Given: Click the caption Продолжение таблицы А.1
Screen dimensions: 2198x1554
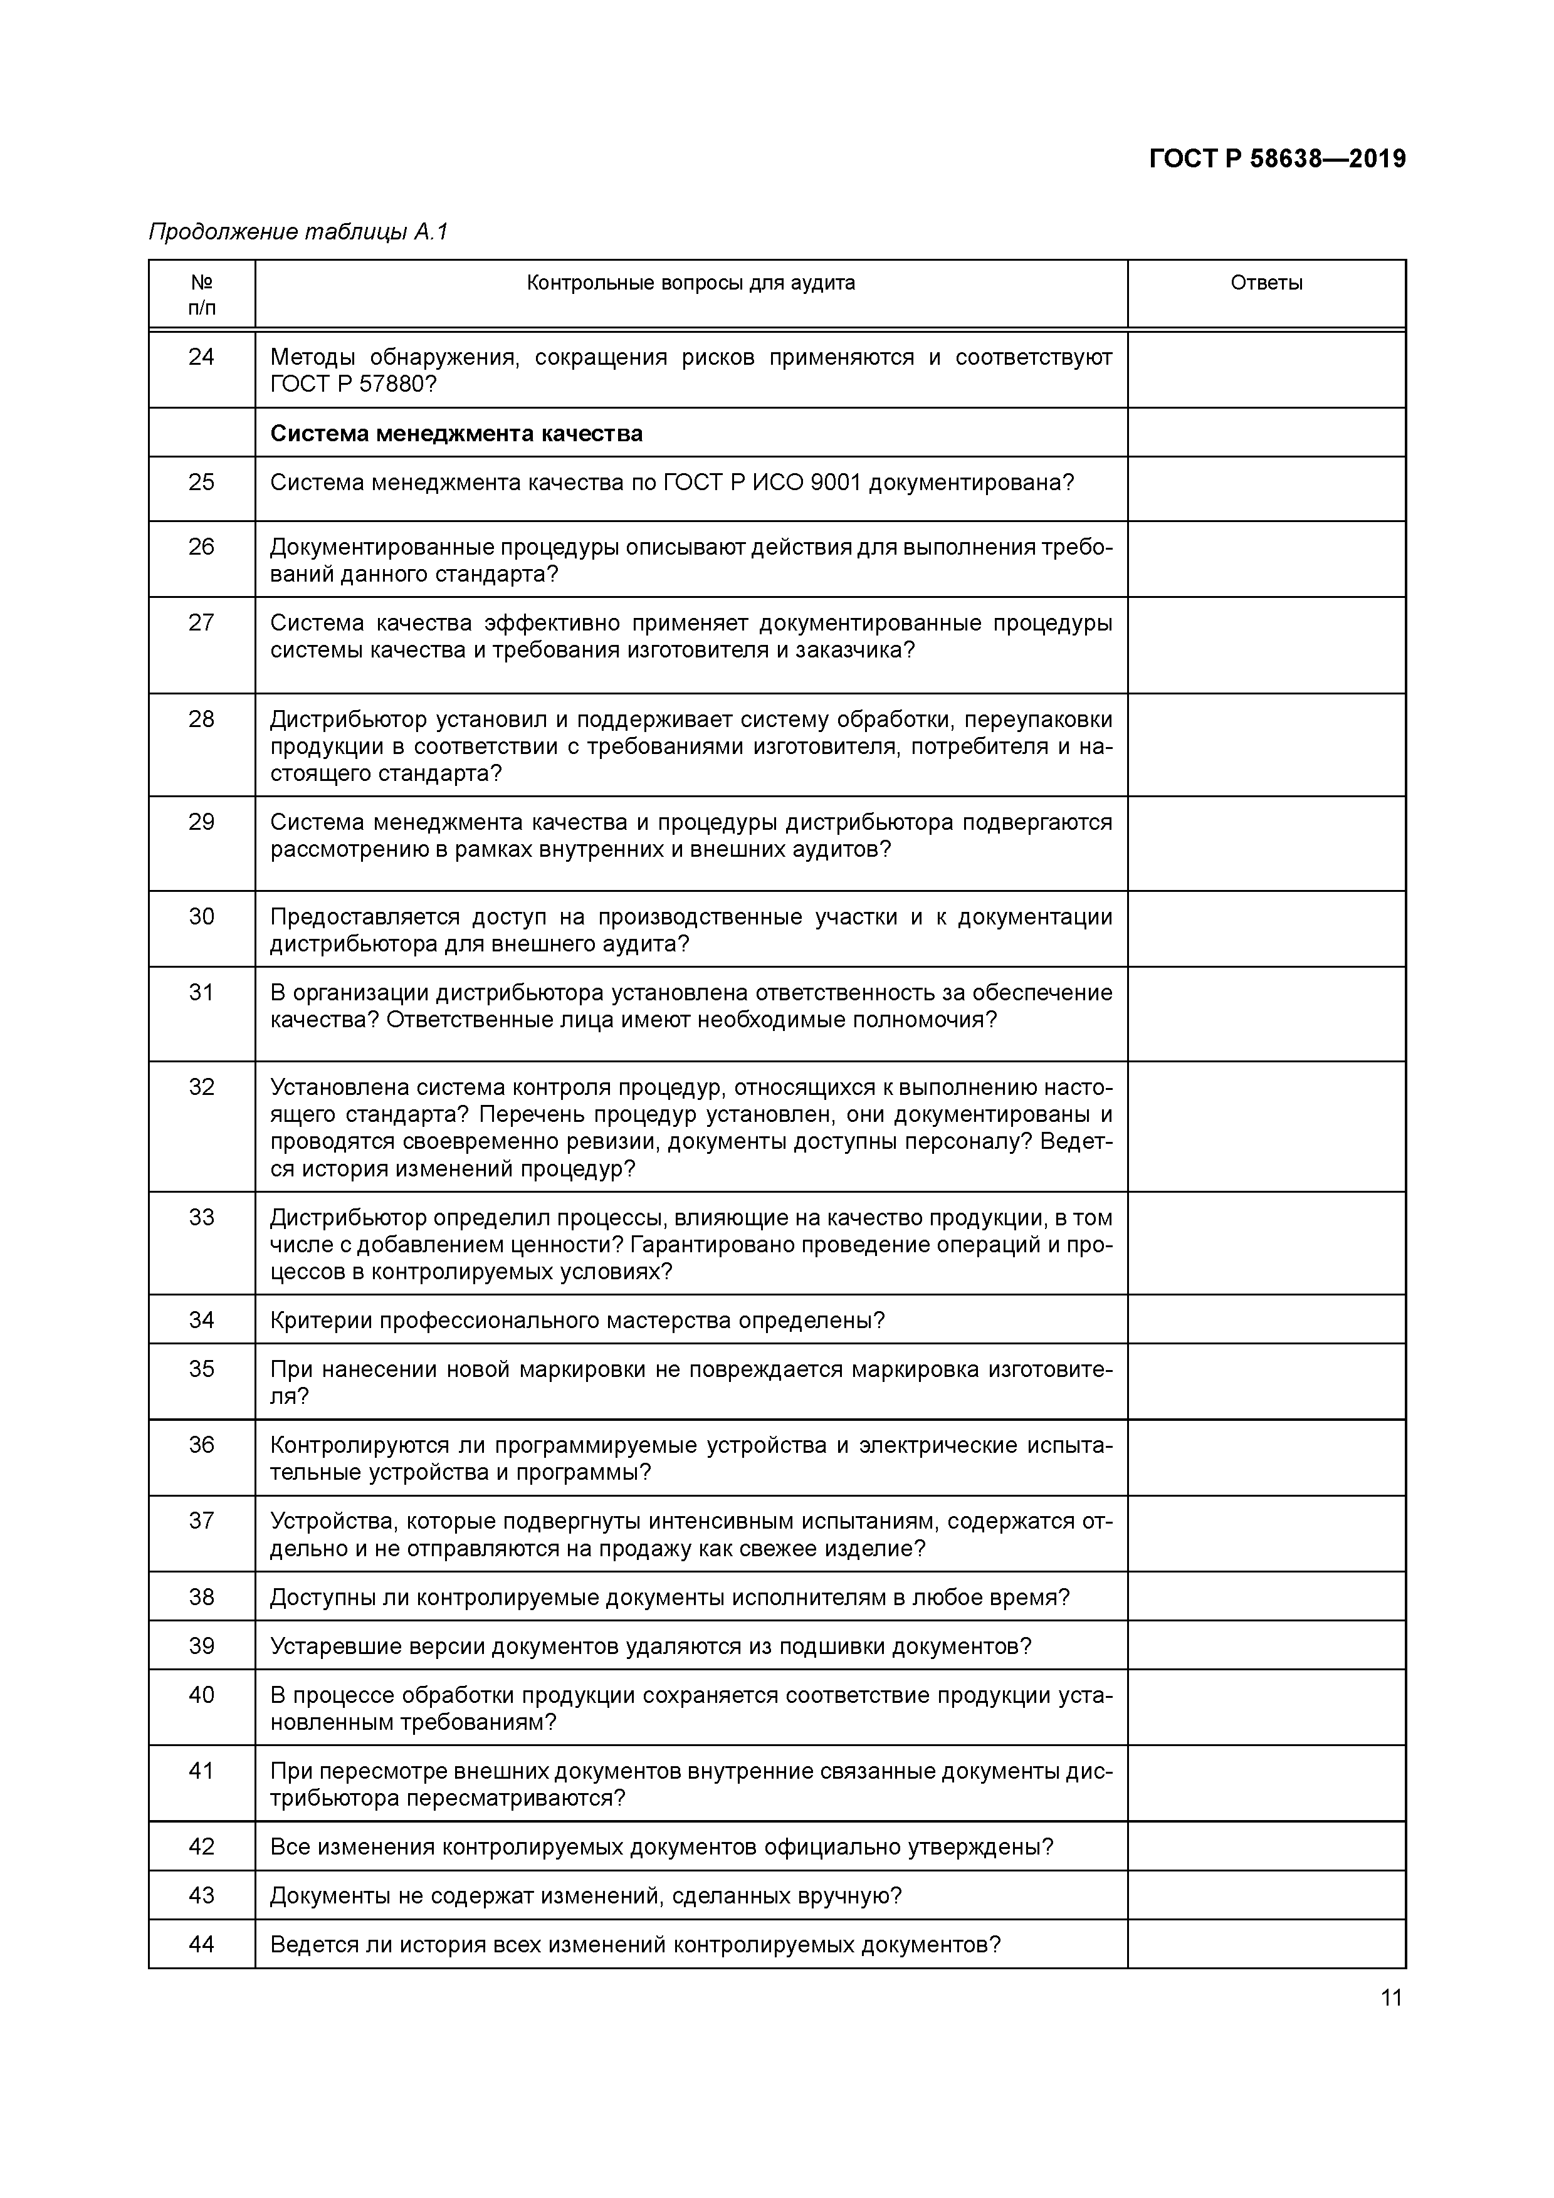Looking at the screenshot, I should tap(299, 233).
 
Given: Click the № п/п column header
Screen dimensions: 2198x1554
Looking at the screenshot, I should tap(202, 295).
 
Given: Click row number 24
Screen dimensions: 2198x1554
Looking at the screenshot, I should tap(202, 357).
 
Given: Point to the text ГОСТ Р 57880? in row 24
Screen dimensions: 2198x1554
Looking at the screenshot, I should tap(354, 385).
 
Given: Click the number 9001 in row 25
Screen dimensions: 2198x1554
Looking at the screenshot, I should tap(835, 483).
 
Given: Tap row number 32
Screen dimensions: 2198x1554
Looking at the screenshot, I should tap(202, 1087).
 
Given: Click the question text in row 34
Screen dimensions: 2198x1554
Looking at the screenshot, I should tap(577, 1321).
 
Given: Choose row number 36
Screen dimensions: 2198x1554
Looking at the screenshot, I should tap(202, 1445).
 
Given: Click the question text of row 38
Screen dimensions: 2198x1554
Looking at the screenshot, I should tap(669, 1598).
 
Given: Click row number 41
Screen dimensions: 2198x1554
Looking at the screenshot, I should tap(202, 1771).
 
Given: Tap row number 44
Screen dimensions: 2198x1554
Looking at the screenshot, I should tap(202, 1944).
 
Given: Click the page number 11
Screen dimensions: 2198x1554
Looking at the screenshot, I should tap(1391, 1998).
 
